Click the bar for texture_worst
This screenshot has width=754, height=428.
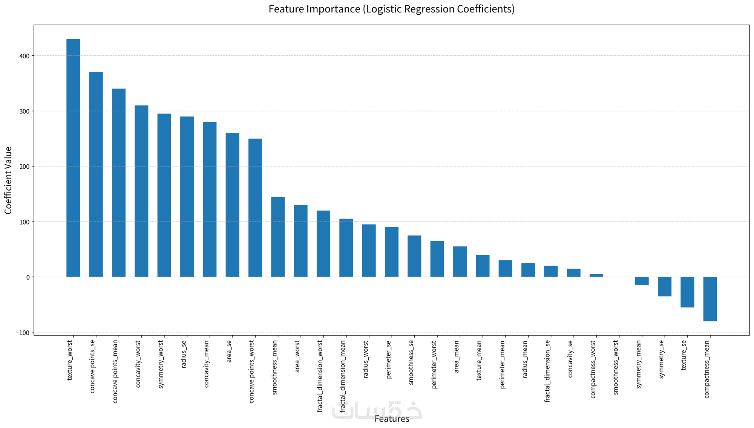[x=73, y=158]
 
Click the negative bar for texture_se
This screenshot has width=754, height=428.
[x=687, y=292]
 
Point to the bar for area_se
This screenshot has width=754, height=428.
[x=232, y=205]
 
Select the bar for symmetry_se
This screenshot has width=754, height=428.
[x=664, y=286]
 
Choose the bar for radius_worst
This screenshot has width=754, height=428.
[x=369, y=251]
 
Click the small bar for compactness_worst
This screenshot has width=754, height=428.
[x=596, y=275]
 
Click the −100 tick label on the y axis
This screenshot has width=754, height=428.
[x=23, y=333]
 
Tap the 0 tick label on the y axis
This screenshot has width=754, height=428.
[x=28, y=277]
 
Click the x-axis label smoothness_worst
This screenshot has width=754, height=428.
[x=616, y=367]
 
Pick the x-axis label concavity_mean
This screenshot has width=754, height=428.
[x=207, y=364]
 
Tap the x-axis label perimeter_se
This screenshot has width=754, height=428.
[x=389, y=359]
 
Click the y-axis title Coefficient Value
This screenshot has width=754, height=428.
[x=8, y=180]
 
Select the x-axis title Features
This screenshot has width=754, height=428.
[x=392, y=419]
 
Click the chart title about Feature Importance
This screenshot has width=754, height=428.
[x=391, y=9]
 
